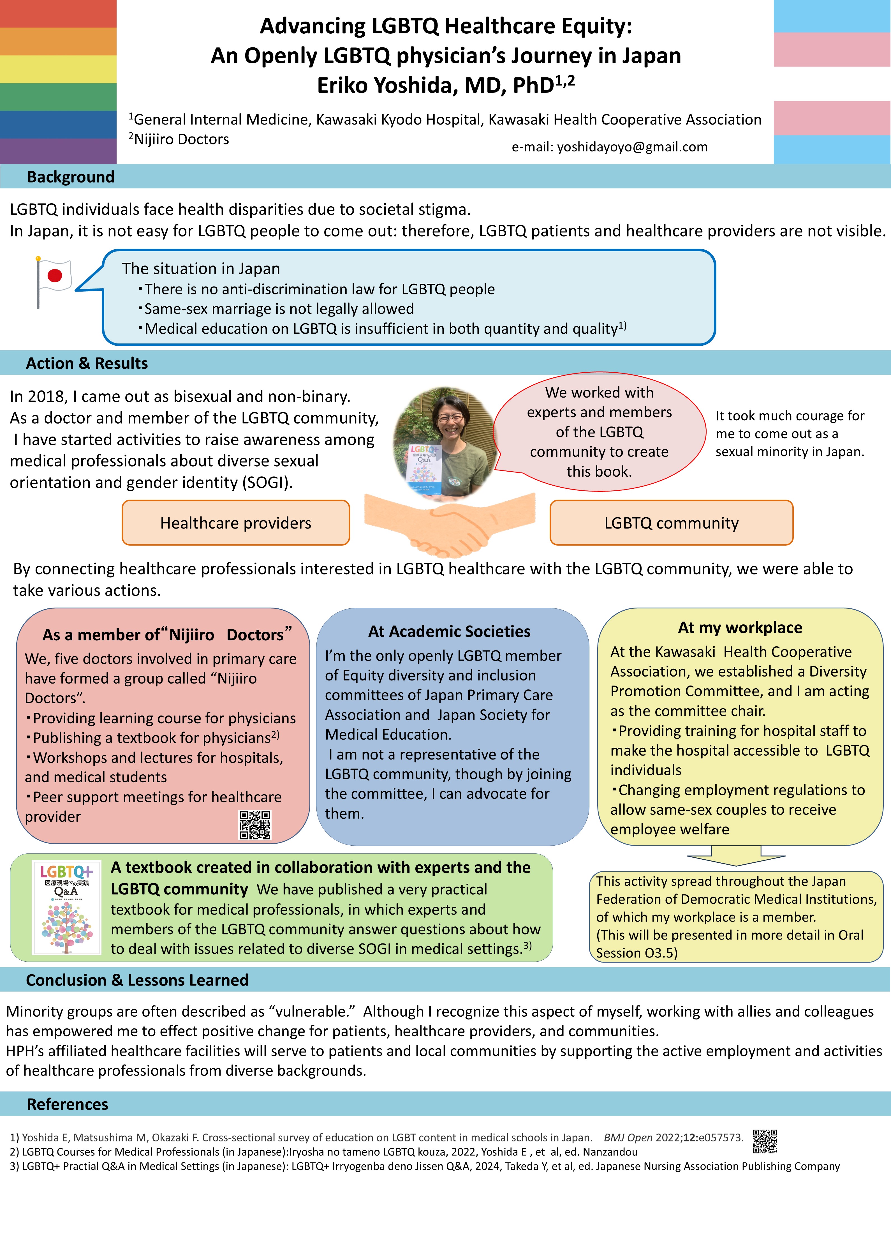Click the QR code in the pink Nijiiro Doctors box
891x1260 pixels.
coord(254,825)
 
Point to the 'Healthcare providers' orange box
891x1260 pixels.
coord(236,522)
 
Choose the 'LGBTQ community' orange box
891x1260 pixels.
coord(672,522)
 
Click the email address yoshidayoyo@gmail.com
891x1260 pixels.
coord(632,147)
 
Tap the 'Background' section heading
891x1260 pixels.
coord(71,177)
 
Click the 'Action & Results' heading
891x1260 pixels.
coord(87,363)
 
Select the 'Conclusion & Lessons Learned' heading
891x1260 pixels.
coord(137,980)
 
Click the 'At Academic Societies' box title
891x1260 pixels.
coord(449,632)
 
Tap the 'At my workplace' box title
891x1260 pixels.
coord(740,628)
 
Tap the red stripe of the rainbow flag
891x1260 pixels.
coord(58,14)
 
